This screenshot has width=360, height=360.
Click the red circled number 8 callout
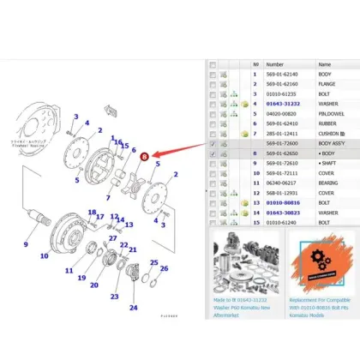click(x=145, y=157)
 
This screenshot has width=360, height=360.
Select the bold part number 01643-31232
click(x=285, y=104)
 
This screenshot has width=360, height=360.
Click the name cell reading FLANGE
click(x=330, y=84)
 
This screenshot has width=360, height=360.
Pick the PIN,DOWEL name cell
click(x=333, y=113)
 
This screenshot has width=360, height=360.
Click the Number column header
click(x=275, y=64)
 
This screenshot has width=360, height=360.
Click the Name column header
click(x=326, y=64)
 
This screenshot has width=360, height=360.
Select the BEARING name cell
click(x=332, y=182)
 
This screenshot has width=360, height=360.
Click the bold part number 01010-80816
click(x=285, y=201)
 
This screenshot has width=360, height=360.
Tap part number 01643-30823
click(x=285, y=211)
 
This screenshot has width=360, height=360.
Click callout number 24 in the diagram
click(x=133, y=306)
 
